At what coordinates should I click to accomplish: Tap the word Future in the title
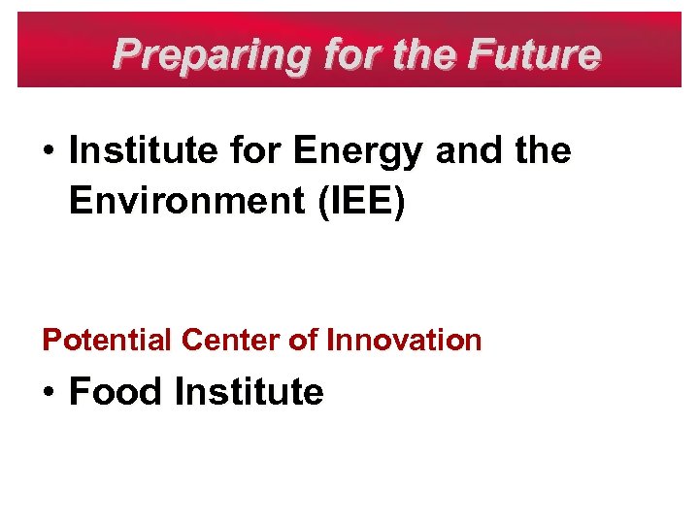tap(535, 54)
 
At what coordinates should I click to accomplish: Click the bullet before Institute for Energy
tap(49, 153)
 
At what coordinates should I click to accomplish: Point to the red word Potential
tap(108, 341)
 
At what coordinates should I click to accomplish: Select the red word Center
tap(231, 341)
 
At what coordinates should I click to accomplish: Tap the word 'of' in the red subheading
tap(305, 341)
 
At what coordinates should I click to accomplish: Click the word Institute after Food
tap(249, 392)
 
